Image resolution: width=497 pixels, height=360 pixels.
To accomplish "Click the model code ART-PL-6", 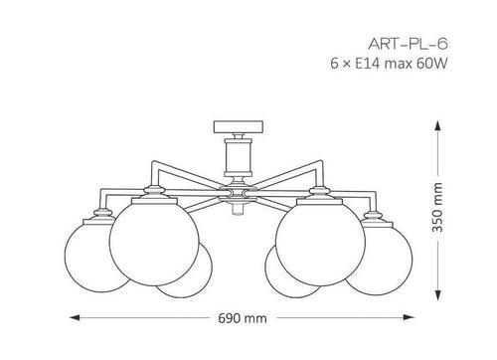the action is pyautogui.click(x=408, y=44).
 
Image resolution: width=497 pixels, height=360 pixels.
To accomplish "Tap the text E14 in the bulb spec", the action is pyautogui.click(x=368, y=64).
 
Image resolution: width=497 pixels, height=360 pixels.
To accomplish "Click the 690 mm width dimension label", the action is pyautogui.click(x=243, y=318).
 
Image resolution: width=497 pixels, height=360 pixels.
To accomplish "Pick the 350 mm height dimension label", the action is pyautogui.click(x=437, y=207).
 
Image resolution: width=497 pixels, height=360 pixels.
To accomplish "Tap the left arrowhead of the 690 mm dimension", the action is pyautogui.click(x=75, y=317).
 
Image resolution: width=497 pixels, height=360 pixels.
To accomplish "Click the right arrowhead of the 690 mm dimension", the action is pyautogui.click(x=409, y=317).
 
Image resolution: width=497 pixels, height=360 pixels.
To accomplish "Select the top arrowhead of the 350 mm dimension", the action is pyautogui.click(x=437, y=126).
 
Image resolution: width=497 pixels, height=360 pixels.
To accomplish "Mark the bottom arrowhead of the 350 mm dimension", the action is pyautogui.click(x=438, y=294).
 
